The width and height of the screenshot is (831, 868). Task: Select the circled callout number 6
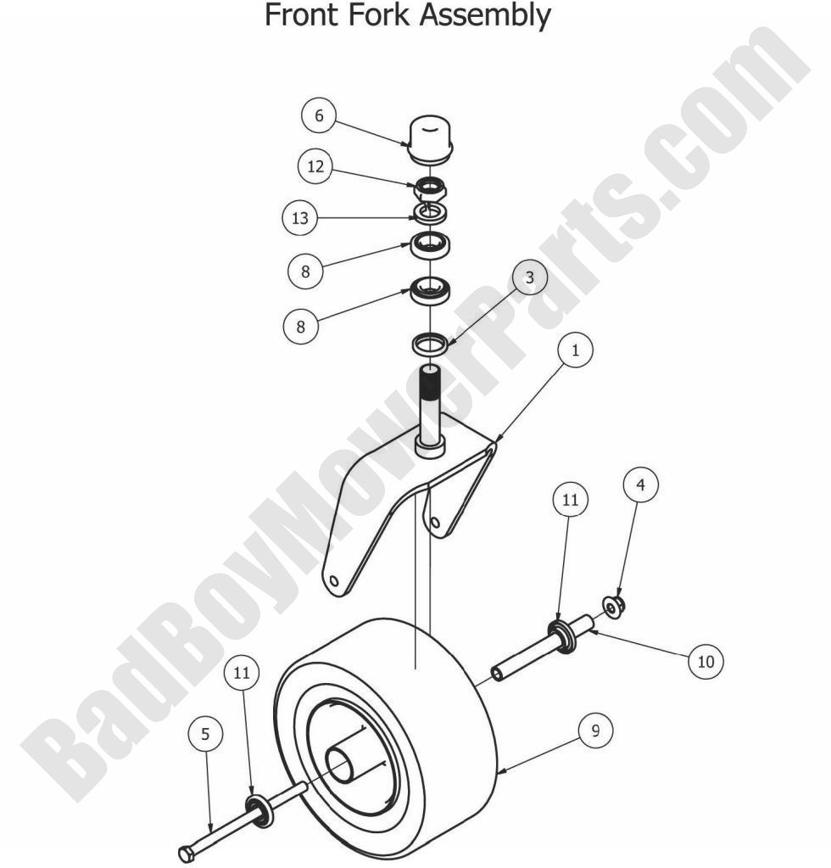pos(319,116)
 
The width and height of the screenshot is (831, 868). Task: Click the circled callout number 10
pos(706,662)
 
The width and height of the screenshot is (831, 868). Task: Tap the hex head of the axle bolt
pos(188,852)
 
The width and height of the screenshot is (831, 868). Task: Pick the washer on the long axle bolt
pos(259,810)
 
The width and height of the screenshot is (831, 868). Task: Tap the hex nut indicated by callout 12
pos(431,186)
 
